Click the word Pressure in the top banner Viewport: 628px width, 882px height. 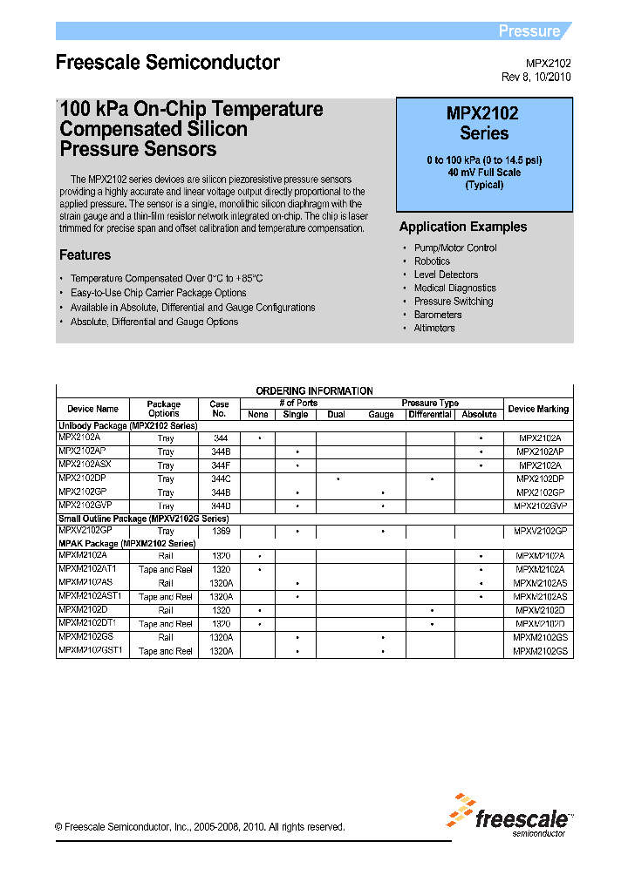[x=529, y=31]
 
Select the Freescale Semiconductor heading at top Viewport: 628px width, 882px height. [x=167, y=63]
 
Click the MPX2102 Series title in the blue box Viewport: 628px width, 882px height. [x=483, y=123]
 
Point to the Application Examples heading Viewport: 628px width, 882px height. [x=462, y=227]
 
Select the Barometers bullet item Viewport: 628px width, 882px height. [x=437, y=315]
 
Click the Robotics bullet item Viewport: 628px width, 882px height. [x=432, y=261]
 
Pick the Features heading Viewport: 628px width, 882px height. [x=85, y=255]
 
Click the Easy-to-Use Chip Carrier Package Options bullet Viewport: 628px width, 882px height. [x=158, y=293]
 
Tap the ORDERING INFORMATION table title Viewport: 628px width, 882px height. [x=314, y=391]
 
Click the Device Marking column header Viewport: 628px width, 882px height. [x=538, y=409]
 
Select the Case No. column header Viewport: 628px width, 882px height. [x=220, y=409]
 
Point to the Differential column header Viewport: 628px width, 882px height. [x=430, y=415]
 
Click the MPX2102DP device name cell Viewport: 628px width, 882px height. [x=83, y=478]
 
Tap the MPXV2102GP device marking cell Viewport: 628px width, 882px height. [x=539, y=531]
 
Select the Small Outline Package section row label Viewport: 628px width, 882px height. [x=143, y=519]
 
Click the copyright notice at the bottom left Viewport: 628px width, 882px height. [x=200, y=827]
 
